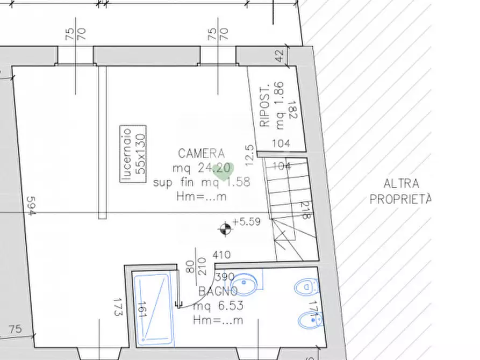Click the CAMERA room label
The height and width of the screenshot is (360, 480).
[202, 154]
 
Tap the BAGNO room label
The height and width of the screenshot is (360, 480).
[218, 292]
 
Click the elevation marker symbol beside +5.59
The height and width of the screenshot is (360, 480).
[225, 230]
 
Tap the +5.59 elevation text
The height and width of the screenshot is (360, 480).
[247, 221]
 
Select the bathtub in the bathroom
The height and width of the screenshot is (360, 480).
[154, 309]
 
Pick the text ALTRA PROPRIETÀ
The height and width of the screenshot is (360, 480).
[401, 192]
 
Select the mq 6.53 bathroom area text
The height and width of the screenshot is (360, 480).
[218, 306]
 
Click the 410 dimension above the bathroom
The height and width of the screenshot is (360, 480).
[221, 255]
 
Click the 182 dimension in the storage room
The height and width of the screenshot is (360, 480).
[292, 111]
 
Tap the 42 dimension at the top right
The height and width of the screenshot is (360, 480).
[278, 56]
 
